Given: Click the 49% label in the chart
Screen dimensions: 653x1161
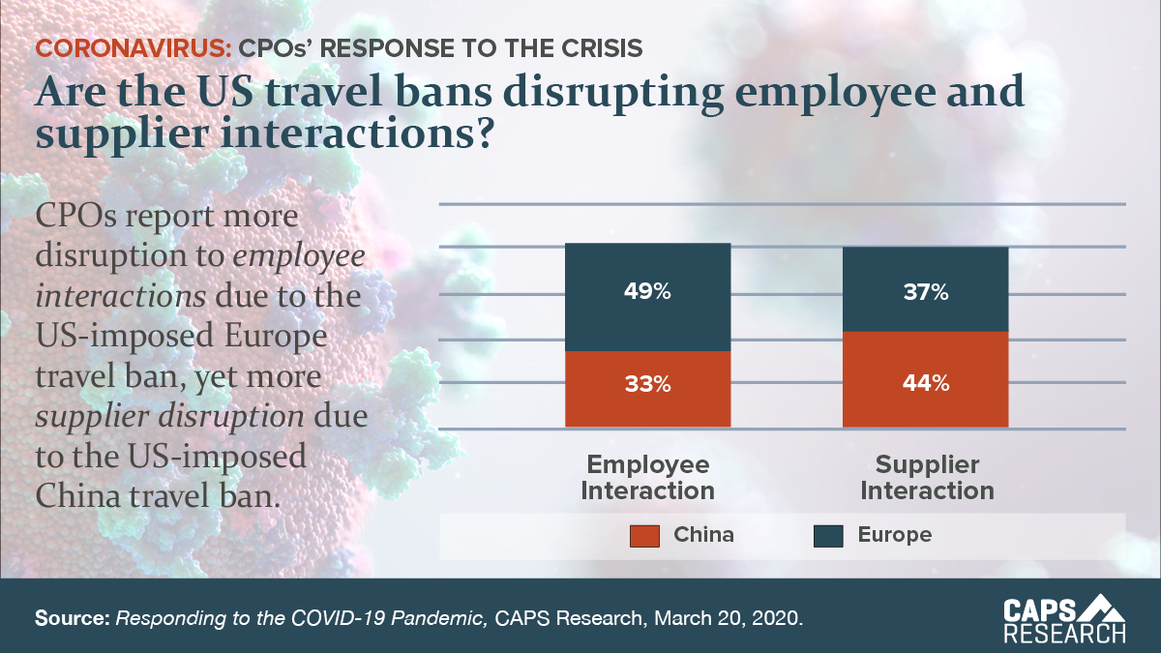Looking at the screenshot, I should [647, 292].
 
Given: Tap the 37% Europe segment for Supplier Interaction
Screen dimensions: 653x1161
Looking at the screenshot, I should [925, 292].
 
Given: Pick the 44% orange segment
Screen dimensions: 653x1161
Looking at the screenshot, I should [925, 383].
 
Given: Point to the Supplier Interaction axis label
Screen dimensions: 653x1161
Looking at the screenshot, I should [927, 477].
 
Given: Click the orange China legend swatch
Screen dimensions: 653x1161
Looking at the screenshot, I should [644, 535].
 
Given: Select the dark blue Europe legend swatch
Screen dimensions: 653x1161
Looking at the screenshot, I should [829, 535].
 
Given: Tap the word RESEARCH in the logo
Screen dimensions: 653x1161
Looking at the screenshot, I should [1063, 635].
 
